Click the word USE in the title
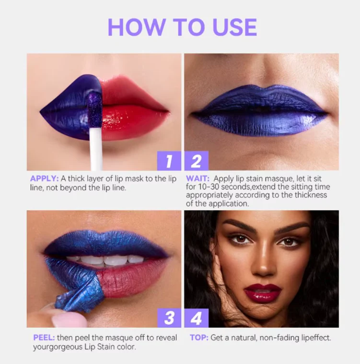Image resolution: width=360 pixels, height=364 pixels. [x=235, y=27]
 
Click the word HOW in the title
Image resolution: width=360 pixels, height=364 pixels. [x=137, y=27]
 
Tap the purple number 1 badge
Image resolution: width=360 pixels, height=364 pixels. [x=169, y=161]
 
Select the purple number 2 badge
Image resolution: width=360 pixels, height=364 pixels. [x=197, y=161]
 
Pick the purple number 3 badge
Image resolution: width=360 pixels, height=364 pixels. [x=169, y=318]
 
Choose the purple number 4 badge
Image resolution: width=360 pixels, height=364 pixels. [x=197, y=318]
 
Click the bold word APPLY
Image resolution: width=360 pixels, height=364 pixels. [x=44, y=178]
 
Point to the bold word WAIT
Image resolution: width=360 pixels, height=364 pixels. [x=197, y=178]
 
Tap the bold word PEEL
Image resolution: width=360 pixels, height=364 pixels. [x=44, y=337]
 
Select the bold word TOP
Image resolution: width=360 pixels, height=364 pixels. [x=199, y=337]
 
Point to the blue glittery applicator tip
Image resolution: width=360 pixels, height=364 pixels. [x=94, y=107]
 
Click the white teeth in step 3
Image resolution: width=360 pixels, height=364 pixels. [x=105, y=260]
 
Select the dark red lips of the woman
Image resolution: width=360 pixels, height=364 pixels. [x=263, y=292]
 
